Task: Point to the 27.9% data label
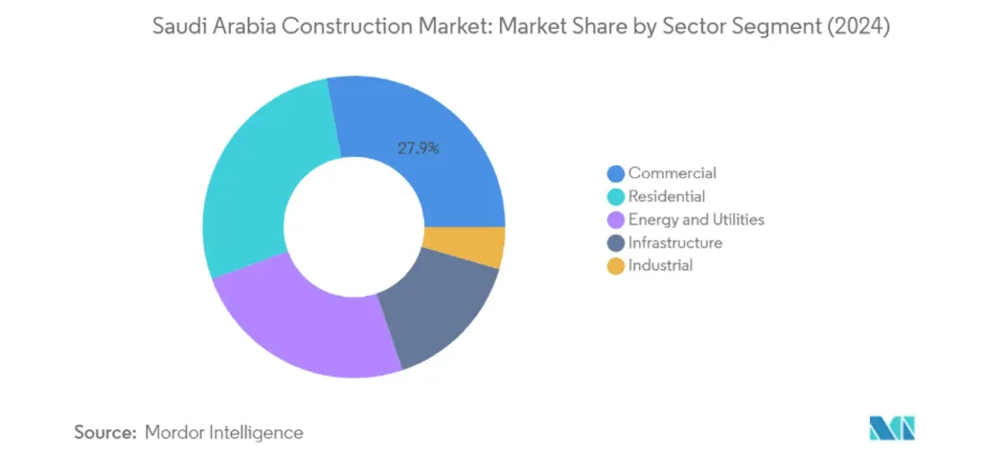[x=418, y=148]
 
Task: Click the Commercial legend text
[x=672, y=173]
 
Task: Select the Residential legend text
[x=667, y=196]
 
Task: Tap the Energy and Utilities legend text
[x=696, y=219]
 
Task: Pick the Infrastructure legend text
[x=675, y=242]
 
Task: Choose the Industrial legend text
[x=660, y=265]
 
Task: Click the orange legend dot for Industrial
[x=615, y=265]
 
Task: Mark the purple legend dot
[x=615, y=219]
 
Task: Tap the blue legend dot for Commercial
[x=615, y=173]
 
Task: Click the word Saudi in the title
[x=178, y=29]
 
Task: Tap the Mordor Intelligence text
[x=224, y=433]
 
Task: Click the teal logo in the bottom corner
[x=892, y=429]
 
